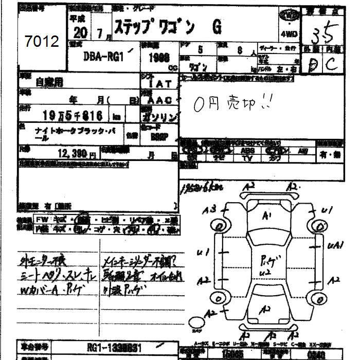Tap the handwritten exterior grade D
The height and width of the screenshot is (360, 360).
(311, 65)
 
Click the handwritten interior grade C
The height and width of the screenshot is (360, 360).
(331, 64)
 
